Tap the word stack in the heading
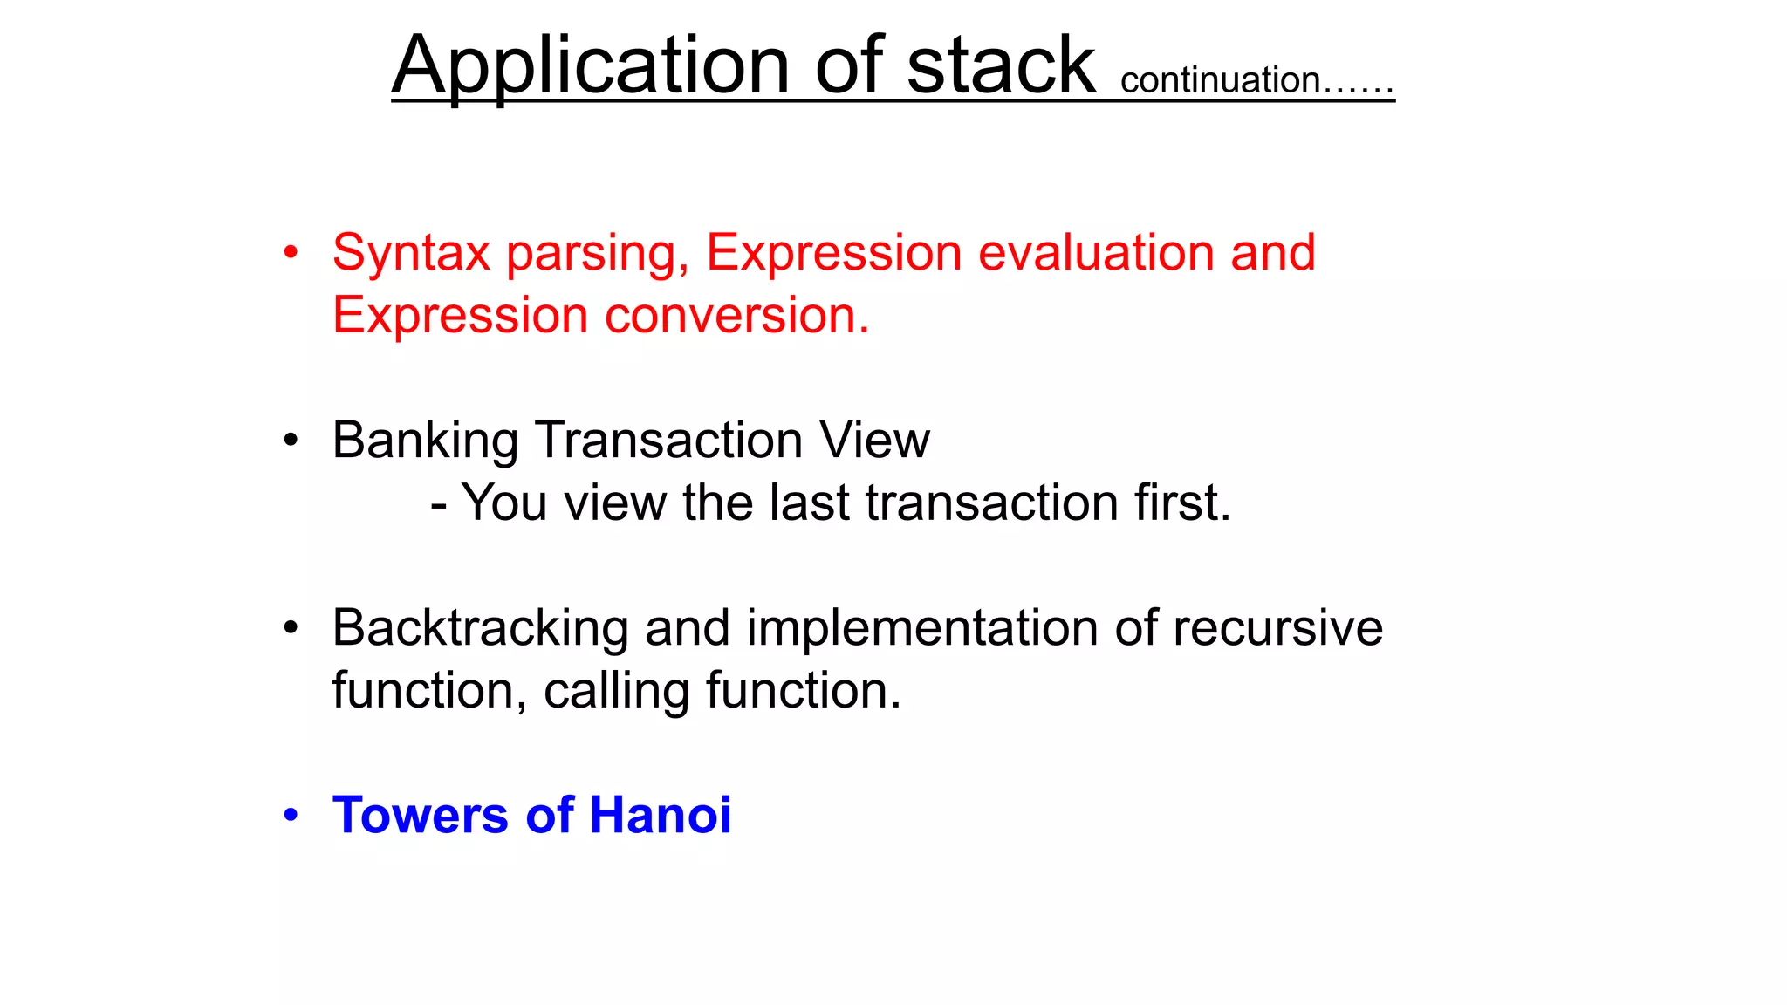[x=1000, y=66]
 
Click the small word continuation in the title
[x=1220, y=80]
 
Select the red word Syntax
[x=411, y=254]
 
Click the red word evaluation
[x=1096, y=253]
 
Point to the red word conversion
[x=736, y=316]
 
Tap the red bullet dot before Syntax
[x=291, y=253]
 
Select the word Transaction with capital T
[x=668, y=440]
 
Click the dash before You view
[x=439, y=505]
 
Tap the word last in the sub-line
[x=809, y=503]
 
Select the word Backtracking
[x=480, y=628]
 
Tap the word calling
[x=616, y=692]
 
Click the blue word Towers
[x=421, y=816]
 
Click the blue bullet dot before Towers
[x=291, y=816]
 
